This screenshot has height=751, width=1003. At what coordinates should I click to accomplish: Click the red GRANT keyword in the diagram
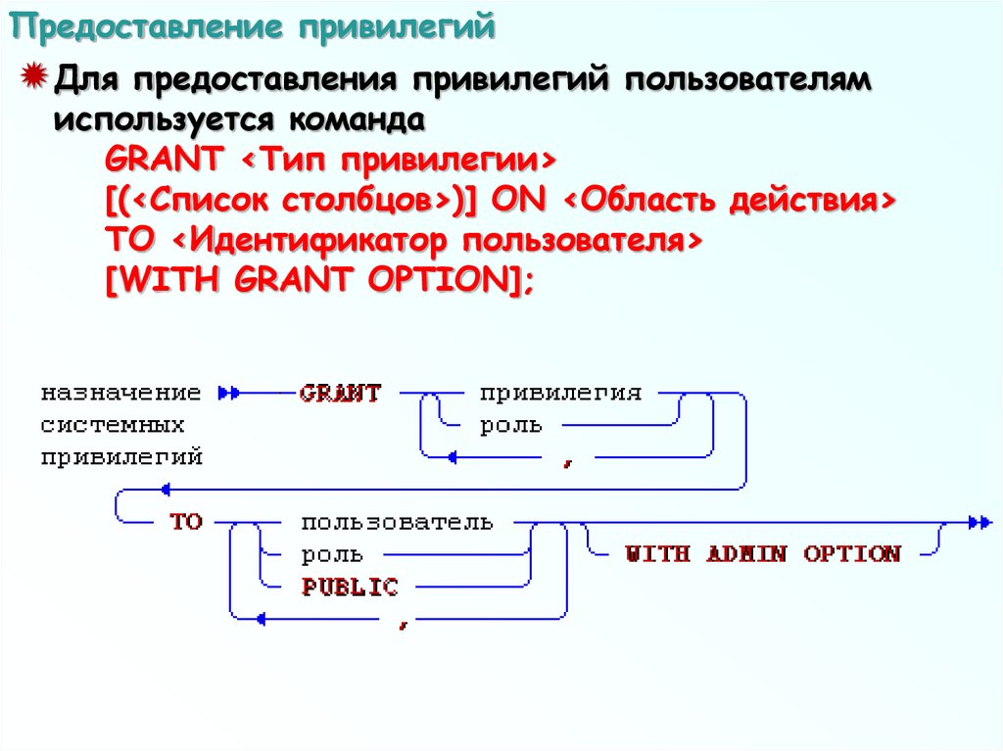tap(340, 394)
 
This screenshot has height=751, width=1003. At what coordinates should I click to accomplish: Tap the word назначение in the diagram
tap(120, 394)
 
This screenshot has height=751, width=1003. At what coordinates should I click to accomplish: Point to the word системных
tap(113, 426)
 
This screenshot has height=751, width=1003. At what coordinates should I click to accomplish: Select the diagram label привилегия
tap(560, 394)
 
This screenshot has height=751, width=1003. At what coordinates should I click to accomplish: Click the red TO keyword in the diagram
tap(185, 522)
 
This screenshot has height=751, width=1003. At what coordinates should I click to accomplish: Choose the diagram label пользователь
tap(397, 522)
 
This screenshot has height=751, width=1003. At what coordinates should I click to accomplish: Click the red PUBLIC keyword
tap(350, 587)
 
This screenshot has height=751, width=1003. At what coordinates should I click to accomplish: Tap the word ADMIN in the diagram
tap(746, 554)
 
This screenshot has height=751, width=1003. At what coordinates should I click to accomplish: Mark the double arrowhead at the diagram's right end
tap(979, 523)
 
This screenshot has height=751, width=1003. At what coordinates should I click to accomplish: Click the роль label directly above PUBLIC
tap(332, 555)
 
